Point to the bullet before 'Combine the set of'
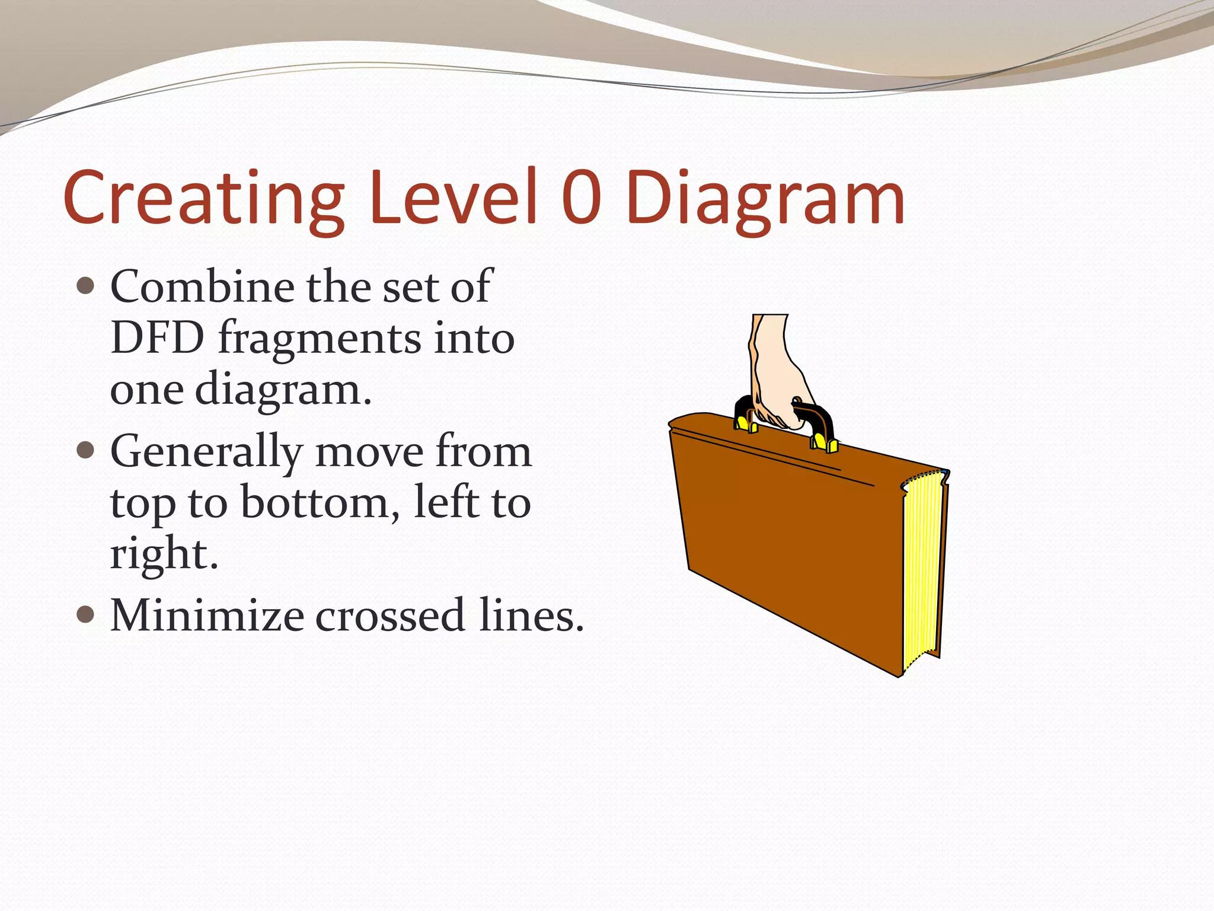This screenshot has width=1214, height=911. (86, 286)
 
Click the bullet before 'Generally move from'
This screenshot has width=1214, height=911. (86, 450)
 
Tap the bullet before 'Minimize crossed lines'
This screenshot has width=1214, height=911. (86, 614)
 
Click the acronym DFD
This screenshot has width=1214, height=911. (157, 337)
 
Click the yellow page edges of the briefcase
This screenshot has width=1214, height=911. (922, 569)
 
